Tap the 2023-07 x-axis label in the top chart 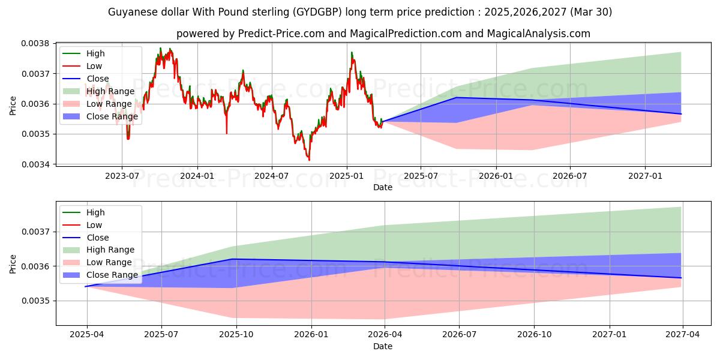click(122, 175)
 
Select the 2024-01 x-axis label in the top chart click(197, 175)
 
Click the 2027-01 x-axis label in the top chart click(645, 175)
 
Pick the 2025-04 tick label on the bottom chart click(87, 335)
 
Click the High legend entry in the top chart click(95, 53)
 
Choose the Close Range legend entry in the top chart click(112, 116)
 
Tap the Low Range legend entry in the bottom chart click(109, 262)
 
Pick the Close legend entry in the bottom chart click(98, 238)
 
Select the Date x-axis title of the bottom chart click(383, 346)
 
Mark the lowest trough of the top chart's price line click(309, 160)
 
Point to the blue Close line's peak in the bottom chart click(233, 259)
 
